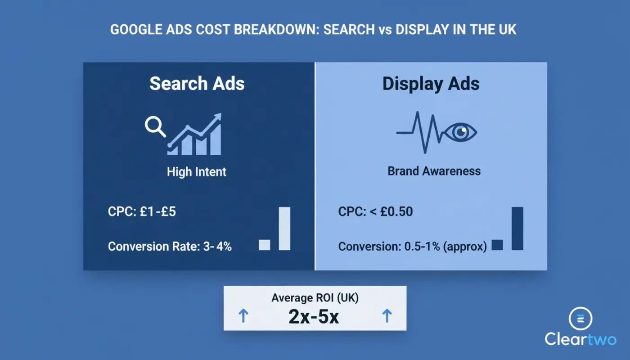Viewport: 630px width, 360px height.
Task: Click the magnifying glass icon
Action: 154,126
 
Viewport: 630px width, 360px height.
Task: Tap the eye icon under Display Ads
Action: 460,132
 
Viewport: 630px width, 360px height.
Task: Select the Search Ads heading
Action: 197,84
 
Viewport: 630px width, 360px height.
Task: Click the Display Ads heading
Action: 431,84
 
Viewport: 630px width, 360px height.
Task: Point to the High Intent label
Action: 197,171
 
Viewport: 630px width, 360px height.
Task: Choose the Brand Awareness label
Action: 434,171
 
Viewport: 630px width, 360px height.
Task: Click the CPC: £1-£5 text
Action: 142,211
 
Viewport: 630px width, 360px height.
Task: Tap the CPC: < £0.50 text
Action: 375,211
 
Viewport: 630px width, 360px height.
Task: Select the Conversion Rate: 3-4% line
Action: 170,246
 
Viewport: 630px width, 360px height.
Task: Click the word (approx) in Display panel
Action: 466,247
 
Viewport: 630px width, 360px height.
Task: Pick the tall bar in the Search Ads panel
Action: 284,228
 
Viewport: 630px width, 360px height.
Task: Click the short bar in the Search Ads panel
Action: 265,245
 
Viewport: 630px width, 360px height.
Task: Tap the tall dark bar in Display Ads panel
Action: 517,228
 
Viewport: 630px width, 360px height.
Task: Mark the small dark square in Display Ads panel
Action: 497,245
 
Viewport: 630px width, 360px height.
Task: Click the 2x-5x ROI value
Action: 314,317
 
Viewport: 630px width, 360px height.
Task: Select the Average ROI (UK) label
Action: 315,298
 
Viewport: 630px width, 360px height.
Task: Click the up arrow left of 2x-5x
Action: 243,316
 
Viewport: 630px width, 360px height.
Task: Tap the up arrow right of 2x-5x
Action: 387,316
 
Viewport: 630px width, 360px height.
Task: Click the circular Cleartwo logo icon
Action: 580,319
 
